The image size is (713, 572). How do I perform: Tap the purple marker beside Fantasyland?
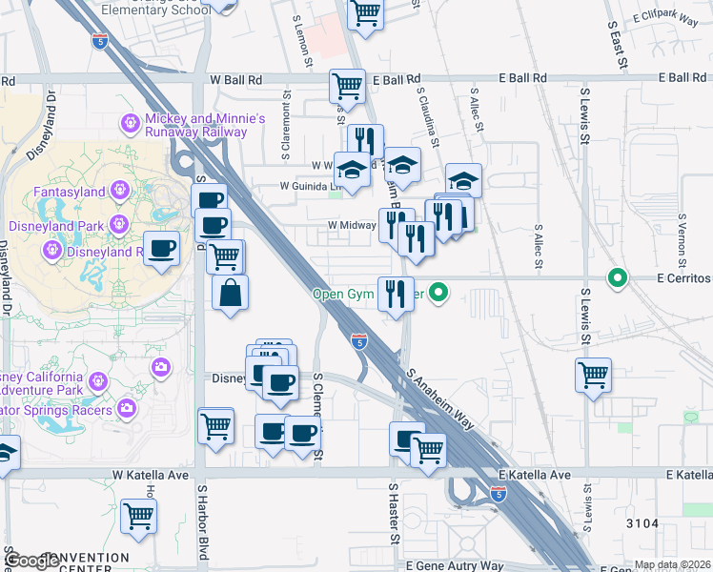pyautogui.click(x=119, y=191)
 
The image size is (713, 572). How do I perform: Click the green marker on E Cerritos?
pyautogui.click(x=618, y=279)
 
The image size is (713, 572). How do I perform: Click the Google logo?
pyautogui.click(x=31, y=562)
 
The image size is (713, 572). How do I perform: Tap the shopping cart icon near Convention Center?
pyautogui.click(x=140, y=517)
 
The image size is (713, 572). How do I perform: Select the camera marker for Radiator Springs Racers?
pyautogui.click(x=128, y=410)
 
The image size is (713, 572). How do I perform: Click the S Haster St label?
pyautogui.click(x=393, y=515)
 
